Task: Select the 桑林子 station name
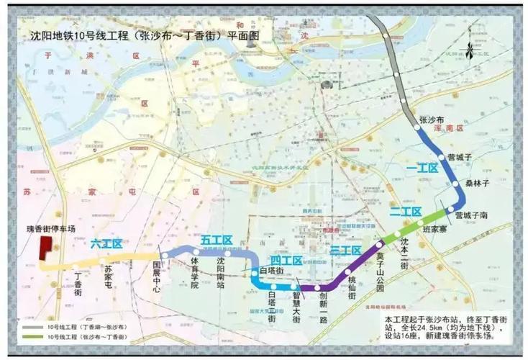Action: pyautogui.click(x=478, y=184)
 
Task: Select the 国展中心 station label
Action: pyautogui.click(x=157, y=275)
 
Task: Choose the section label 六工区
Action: pyautogui.click(x=107, y=244)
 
